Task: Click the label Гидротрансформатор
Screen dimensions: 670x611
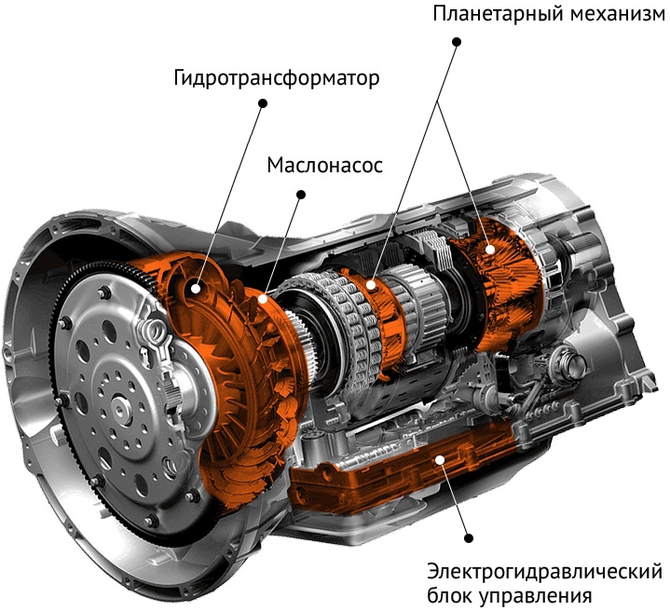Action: [277, 79]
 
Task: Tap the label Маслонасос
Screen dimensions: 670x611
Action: [324, 165]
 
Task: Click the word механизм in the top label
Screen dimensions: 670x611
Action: [619, 14]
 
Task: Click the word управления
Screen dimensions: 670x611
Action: [536, 595]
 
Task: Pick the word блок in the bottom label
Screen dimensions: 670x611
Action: [450, 594]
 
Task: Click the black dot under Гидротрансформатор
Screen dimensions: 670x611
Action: [263, 103]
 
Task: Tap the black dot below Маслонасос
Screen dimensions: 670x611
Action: [301, 195]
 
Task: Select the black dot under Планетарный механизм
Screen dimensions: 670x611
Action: [457, 42]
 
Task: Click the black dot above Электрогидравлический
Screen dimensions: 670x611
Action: [469, 538]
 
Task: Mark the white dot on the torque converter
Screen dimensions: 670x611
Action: [196, 289]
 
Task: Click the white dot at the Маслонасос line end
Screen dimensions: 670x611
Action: [263, 298]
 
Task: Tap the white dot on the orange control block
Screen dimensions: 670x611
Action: [439, 460]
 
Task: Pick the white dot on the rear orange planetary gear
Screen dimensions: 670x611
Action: [489, 250]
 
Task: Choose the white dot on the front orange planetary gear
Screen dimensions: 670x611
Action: [371, 285]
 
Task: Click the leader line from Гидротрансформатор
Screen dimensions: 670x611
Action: [229, 196]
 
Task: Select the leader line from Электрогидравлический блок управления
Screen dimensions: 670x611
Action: [454, 498]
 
